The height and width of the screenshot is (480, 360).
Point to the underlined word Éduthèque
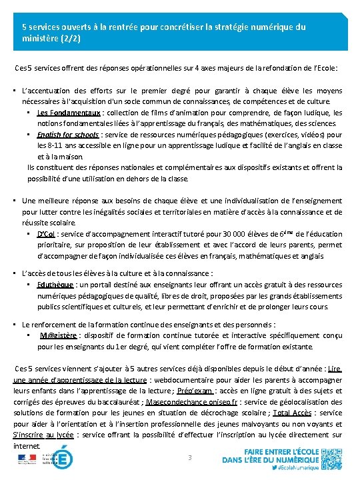pos(53,283)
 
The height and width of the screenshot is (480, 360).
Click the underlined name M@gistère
pos(59,335)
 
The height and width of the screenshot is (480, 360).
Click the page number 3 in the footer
pos(190,457)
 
